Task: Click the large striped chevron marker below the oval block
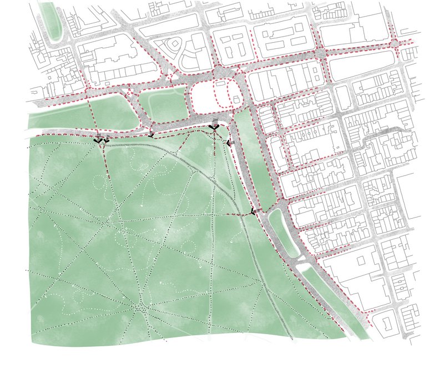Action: click(x=214, y=128)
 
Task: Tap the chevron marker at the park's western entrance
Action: click(x=100, y=140)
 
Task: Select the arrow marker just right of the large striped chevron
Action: click(x=230, y=143)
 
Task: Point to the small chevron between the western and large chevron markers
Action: click(x=151, y=134)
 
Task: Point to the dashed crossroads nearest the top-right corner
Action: click(x=395, y=43)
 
